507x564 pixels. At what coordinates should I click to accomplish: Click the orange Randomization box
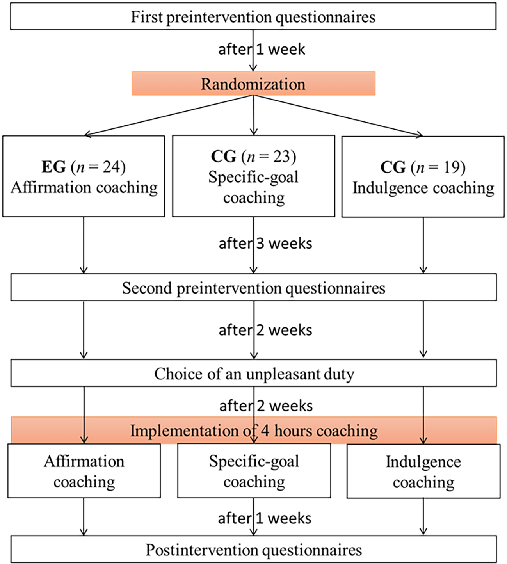point(253,84)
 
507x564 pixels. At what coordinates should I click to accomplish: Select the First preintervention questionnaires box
point(253,16)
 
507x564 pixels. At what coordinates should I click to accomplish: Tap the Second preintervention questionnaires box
point(254,287)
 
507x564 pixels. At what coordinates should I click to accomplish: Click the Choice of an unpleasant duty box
point(254,373)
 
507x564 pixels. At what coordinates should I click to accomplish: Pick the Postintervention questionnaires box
point(254,549)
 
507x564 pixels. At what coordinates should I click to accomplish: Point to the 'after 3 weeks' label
point(265,244)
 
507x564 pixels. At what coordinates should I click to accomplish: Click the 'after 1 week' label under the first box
point(262,50)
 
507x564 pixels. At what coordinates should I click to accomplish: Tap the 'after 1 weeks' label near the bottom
point(265,518)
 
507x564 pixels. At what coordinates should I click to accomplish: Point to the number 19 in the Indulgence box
point(452,167)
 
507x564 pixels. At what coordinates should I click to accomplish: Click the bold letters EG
point(54,167)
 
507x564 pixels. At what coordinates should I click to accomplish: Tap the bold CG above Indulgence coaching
point(393,167)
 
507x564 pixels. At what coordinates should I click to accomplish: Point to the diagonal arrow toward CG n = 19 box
point(338,116)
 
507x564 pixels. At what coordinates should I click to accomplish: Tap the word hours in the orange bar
point(293,431)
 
